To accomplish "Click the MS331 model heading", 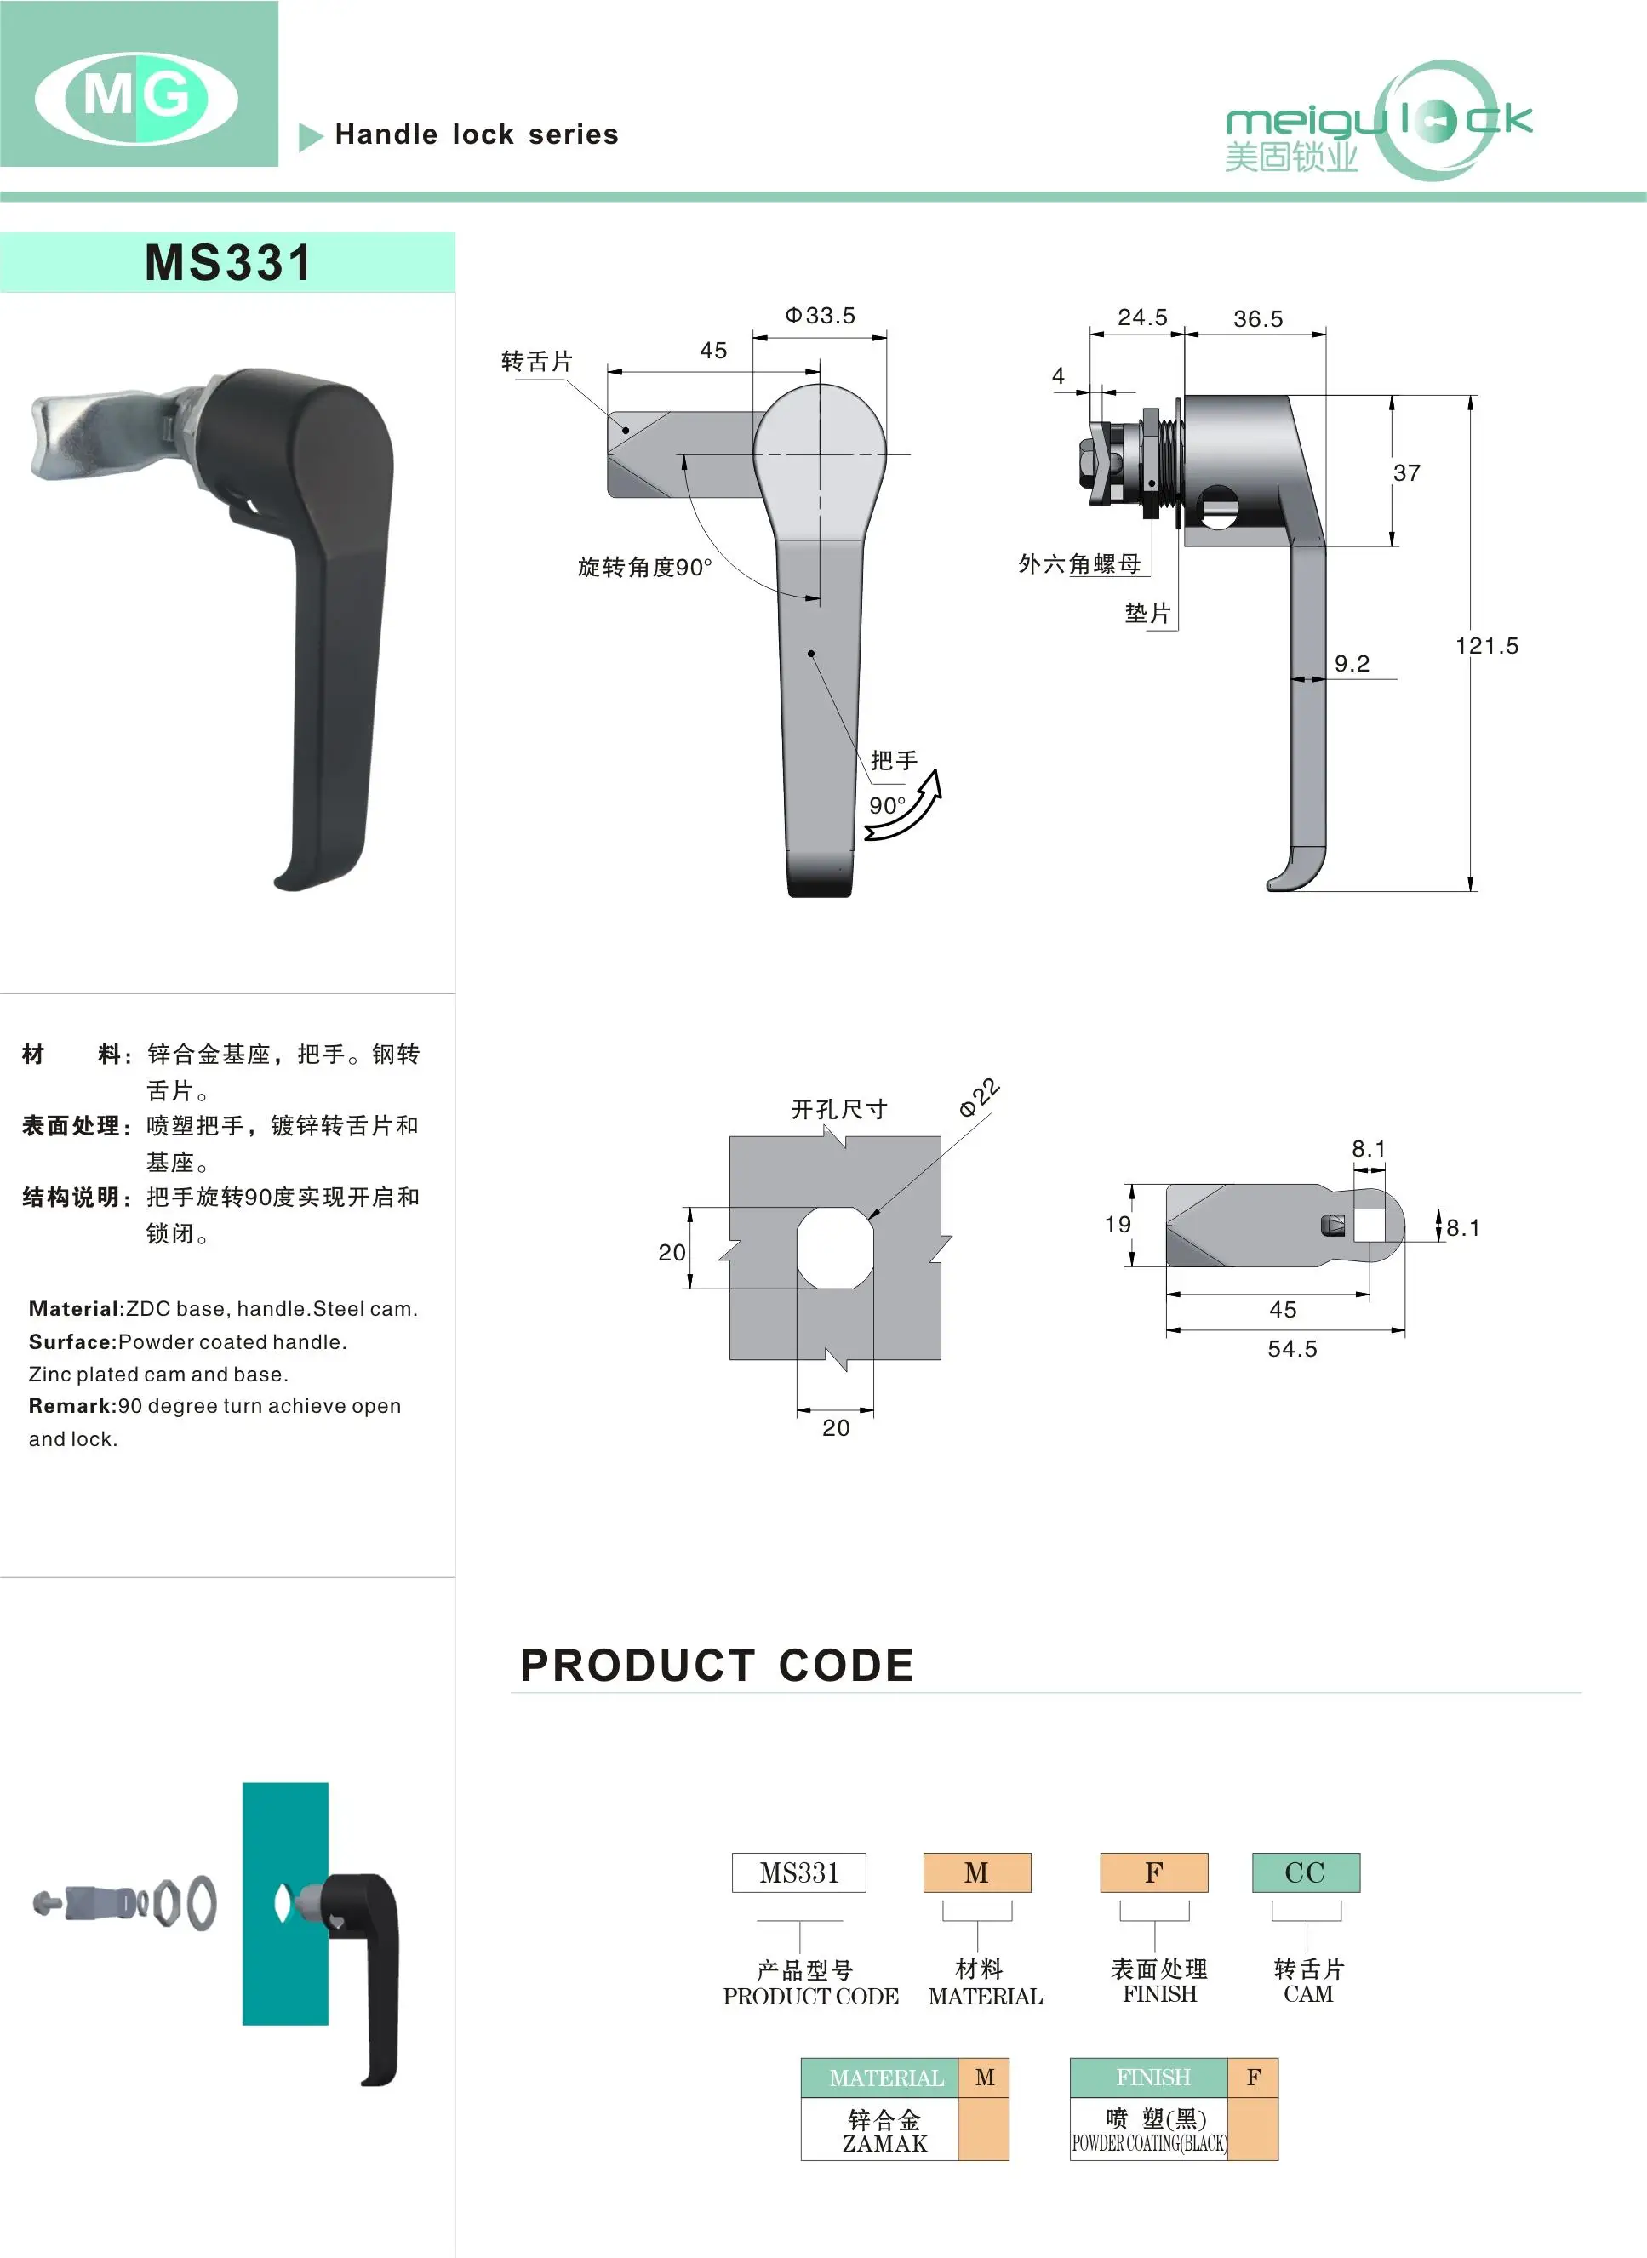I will [228, 263].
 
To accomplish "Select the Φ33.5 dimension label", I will [820, 316].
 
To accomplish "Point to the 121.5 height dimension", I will [1486, 646].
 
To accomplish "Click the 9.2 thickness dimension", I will [1352, 664].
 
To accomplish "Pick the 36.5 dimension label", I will [1257, 319].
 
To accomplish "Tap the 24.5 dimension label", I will [1141, 317].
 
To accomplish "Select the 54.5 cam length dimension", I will [1292, 1349].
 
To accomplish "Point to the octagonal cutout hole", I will [836, 1247].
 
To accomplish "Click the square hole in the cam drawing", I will [1370, 1226].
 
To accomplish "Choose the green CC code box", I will [1305, 1872].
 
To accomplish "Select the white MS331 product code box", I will [798, 1872].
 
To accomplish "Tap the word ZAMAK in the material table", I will [884, 2143].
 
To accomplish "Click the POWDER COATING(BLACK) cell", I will [1148, 2143].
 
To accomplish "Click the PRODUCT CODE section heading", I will [717, 1666].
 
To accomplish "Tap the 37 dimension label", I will [1406, 472].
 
